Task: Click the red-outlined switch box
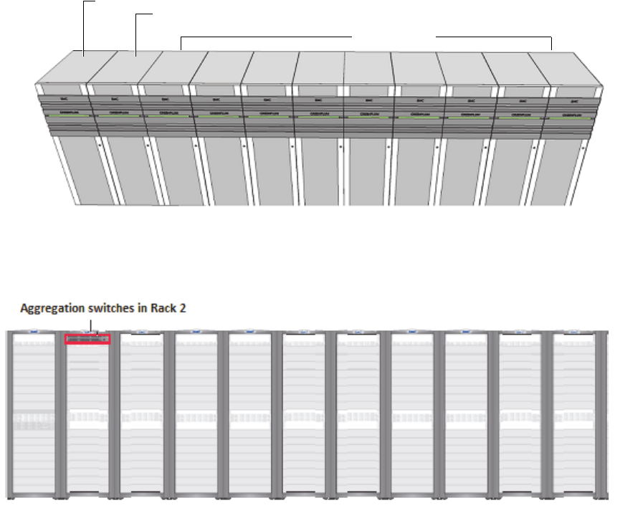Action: pos(87,339)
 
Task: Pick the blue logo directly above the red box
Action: pos(87,332)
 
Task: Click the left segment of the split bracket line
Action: pos(265,35)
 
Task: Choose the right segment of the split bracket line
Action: pos(495,36)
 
